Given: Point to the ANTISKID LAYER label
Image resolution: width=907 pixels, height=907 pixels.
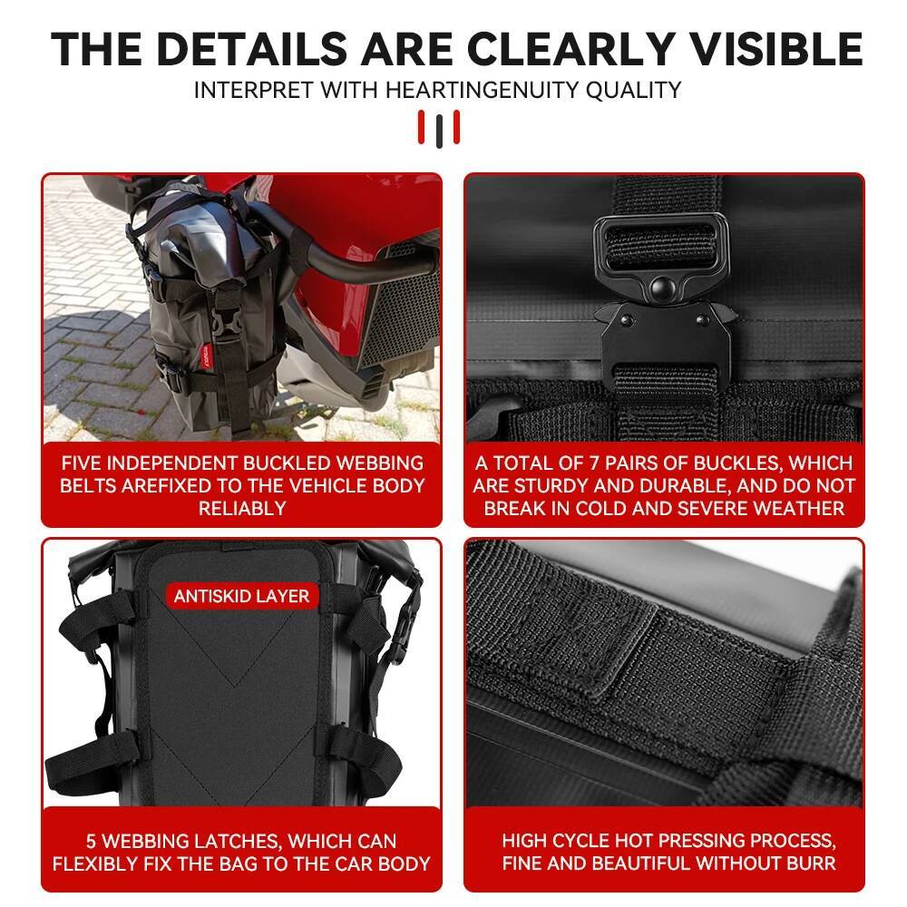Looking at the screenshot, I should pos(241,596).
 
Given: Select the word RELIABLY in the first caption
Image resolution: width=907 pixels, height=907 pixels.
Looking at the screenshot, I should pos(241,508).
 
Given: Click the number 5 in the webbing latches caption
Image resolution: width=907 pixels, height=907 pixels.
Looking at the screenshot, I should pos(93,841).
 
